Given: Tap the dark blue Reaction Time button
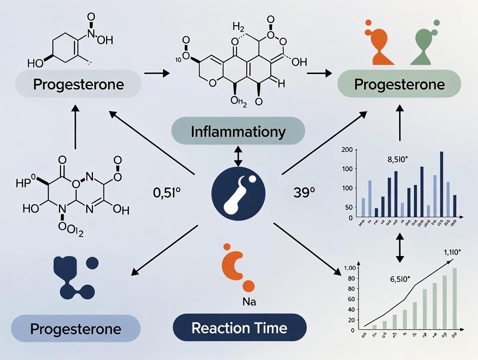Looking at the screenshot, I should (239, 328).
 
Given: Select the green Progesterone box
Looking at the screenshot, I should (399, 84).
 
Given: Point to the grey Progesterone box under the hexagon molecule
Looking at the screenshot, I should (78, 84).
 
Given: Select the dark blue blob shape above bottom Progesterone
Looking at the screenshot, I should (74, 277).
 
